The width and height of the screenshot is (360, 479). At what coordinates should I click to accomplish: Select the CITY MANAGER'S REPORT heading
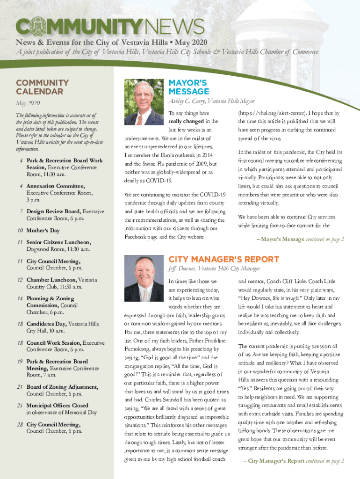223,260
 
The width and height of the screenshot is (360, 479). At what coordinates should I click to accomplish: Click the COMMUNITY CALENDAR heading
43,87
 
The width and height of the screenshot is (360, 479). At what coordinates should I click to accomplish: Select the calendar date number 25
20,406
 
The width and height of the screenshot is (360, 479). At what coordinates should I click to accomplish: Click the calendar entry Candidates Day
47,324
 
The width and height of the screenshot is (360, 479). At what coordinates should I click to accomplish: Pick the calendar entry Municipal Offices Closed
57,406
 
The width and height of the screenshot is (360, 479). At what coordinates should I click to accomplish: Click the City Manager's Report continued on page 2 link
294,461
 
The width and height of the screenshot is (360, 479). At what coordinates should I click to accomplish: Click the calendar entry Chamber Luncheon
52,280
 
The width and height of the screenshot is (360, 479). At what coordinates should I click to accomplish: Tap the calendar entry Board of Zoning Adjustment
62,387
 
